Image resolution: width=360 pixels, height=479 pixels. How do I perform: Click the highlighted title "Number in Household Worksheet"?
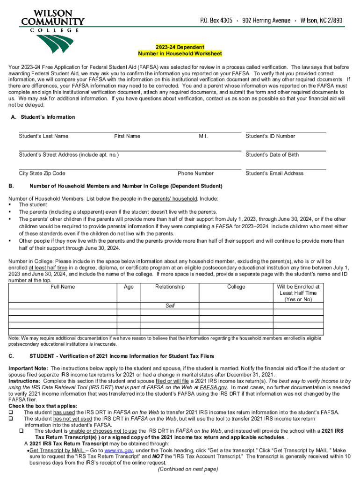(180, 54)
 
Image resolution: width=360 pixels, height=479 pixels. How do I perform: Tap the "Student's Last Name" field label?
(43, 136)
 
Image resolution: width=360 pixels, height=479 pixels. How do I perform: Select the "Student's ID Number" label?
(270, 136)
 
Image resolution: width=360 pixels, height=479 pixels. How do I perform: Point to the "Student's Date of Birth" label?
(272, 155)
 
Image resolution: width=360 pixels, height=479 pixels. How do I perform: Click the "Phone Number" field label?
(195, 174)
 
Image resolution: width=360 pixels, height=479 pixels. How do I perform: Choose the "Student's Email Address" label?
(274, 174)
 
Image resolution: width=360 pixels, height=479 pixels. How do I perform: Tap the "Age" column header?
(129, 287)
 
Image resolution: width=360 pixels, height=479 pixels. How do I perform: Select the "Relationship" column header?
(170, 287)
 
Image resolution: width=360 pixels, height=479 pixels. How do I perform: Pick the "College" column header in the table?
(236, 287)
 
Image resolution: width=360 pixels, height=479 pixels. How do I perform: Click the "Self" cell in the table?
(170, 306)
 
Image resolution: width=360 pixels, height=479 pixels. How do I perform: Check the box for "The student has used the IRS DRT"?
(11, 412)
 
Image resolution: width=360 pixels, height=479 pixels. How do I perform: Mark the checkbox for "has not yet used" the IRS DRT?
(11, 419)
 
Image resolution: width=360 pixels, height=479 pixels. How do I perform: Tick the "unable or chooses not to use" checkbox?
(21, 431)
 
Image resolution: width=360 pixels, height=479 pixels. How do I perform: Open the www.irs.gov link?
(116, 450)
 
